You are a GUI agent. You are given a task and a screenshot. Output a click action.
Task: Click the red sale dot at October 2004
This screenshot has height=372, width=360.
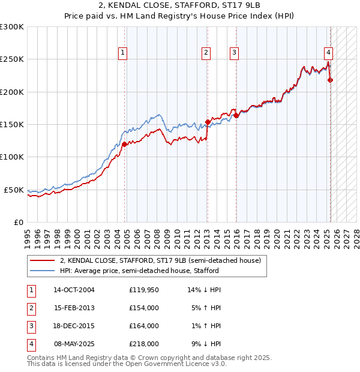(x=125, y=144)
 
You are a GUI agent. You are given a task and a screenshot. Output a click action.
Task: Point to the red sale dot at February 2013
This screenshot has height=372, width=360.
(x=208, y=122)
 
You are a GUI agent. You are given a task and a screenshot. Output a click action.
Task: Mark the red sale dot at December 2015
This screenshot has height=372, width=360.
(x=236, y=115)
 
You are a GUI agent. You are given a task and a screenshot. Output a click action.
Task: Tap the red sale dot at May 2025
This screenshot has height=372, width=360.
(x=331, y=80)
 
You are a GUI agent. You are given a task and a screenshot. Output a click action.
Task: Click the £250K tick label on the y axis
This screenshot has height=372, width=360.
(x=12, y=59)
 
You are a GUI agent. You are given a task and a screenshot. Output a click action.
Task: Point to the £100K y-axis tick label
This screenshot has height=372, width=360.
(x=12, y=157)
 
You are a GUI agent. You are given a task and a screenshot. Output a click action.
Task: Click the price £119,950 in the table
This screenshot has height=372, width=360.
(x=144, y=290)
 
